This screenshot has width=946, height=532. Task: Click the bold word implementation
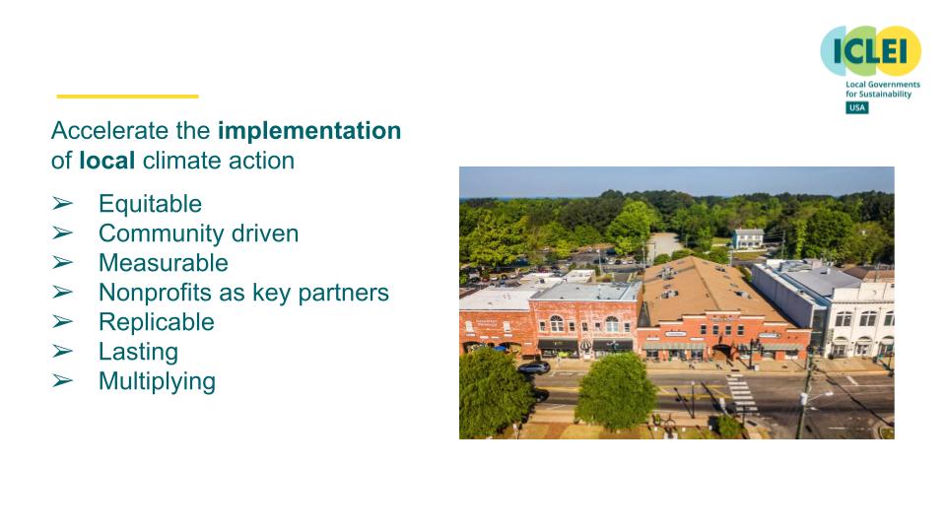308,131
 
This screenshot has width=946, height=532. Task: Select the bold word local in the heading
106,161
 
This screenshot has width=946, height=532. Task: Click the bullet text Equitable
150,204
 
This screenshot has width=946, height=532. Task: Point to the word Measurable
163,263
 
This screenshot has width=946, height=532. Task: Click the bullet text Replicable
156,322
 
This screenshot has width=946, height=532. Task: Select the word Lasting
138,352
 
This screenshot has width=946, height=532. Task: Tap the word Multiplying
157,381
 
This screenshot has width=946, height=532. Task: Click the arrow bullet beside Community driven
62,233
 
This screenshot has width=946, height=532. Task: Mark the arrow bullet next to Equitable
62,204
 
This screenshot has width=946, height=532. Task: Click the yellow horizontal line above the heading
127,97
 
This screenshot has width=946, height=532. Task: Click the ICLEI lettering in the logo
870,51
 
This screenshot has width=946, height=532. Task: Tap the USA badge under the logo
856,107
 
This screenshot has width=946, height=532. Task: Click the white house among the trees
747,237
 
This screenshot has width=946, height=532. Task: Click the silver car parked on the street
533,367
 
